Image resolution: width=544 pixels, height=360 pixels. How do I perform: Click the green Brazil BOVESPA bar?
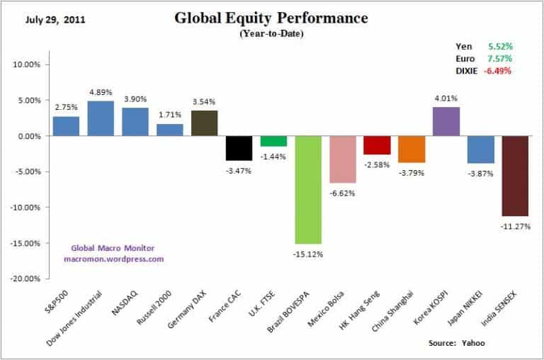pos(308,189)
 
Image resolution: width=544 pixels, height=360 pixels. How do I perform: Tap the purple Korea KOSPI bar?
pos(446,121)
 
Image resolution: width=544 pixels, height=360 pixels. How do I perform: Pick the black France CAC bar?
pos(239,148)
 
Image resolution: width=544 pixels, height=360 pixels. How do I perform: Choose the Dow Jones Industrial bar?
pos(101,118)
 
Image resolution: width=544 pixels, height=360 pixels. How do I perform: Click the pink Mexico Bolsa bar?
pos(342,159)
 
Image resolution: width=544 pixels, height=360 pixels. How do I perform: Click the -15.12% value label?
pos(308,253)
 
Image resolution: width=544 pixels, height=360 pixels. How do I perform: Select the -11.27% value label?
pos(515,227)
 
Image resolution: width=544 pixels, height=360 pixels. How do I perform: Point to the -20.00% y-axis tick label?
pos(26,279)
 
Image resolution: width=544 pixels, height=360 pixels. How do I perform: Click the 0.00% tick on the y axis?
pos(29,136)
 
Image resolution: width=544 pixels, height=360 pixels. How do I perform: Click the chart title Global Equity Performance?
pos(271,18)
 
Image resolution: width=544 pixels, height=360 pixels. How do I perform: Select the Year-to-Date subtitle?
pos(271,33)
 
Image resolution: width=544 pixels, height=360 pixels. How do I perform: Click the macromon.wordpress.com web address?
pos(113,259)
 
